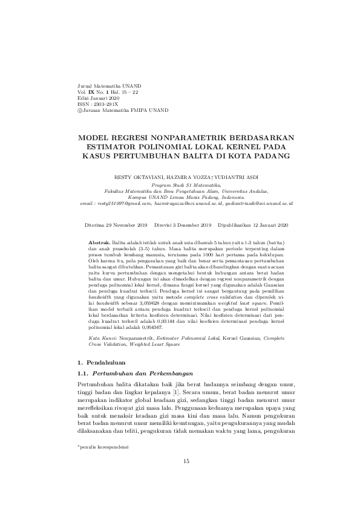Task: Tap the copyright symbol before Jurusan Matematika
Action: point(73,111)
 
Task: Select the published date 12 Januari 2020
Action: point(266,224)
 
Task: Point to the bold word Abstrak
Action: point(99,242)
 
